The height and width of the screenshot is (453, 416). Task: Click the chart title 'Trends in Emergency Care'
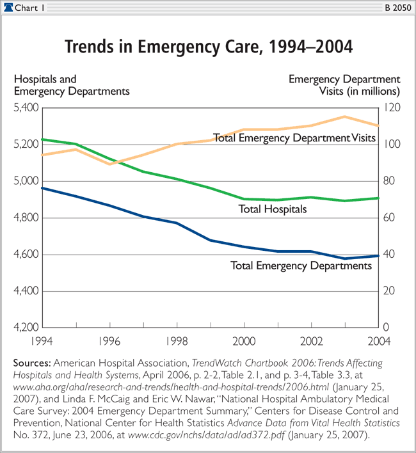click(207, 48)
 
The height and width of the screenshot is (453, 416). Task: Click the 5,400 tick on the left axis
click(26, 107)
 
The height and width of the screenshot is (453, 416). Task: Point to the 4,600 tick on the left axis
click(26, 255)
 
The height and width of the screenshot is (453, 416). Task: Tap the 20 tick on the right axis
click(388, 291)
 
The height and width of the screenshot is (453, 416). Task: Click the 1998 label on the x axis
click(177, 340)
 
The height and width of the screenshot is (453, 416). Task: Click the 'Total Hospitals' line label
click(273, 209)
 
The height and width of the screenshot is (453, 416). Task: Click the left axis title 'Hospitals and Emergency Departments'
click(72, 85)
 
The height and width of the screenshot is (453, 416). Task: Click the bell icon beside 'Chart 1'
click(8, 7)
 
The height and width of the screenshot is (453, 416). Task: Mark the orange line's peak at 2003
click(345, 116)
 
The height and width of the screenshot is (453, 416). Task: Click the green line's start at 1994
click(42, 139)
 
